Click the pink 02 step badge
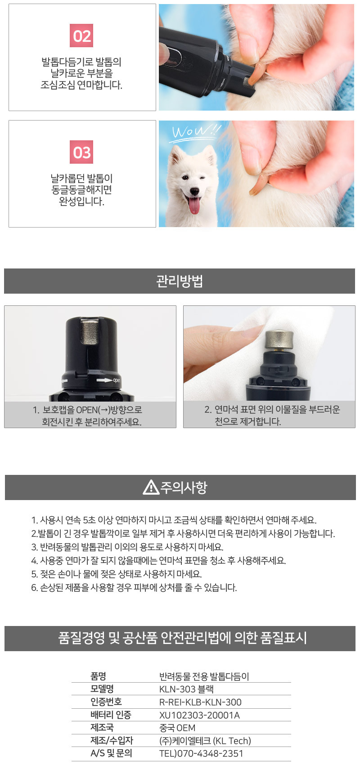81,36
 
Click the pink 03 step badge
81,152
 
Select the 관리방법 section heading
180,281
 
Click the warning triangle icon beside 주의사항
151,487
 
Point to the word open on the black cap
117,380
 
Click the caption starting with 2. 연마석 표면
272,415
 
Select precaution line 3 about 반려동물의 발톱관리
127,547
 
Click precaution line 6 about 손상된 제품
134,587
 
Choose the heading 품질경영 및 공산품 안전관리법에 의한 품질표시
182,637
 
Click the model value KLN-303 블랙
186,689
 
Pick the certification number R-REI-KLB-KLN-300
200,702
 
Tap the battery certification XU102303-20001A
199,715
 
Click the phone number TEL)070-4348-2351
201,753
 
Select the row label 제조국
102,727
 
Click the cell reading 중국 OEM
177,728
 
